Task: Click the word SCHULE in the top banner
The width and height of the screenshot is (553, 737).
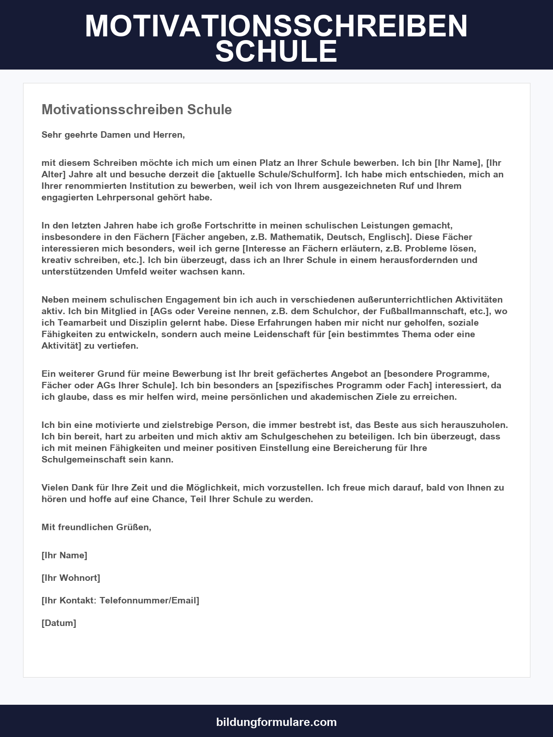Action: [276, 51]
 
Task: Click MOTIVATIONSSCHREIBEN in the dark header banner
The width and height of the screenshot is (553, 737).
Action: [276, 26]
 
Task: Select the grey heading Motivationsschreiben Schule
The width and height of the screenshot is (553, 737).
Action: [136, 110]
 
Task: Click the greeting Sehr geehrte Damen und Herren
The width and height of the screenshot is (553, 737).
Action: [113, 135]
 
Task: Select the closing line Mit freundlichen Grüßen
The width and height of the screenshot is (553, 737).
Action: [96, 527]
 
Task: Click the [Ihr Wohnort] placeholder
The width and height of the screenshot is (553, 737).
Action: [71, 578]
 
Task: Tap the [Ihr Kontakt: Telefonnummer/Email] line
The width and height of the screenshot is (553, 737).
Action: [120, 601]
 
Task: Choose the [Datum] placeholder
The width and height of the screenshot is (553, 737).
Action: [59, 623]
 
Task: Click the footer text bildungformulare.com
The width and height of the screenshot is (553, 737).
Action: [276, 722]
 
